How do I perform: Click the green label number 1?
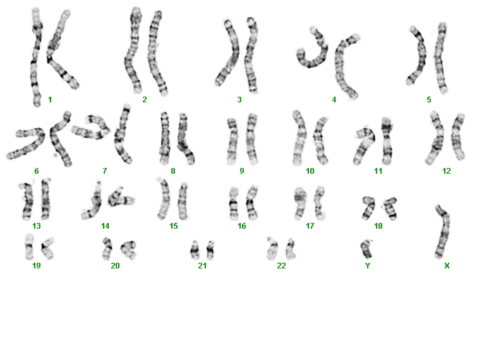coord(50,100)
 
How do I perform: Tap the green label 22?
coord(281,266)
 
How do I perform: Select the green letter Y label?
coord(367,266)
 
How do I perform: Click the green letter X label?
coord(447,266)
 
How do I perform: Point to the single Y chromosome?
coord(366,249)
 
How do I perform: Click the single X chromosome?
coord(444,231)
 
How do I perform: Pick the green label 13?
coord(37,226)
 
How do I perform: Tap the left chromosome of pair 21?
coord(195,250)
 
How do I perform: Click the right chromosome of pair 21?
coord(210,250)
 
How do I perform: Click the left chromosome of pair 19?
coord(29,246)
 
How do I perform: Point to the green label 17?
coord(310,226)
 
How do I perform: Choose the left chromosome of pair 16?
coord(234,203)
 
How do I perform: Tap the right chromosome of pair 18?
coord(390,208)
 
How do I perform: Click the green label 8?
coord(173,171)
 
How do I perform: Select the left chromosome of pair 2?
coord(133,51)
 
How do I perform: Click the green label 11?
coord(378,171)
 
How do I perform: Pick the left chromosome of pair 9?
coord(232,140)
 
